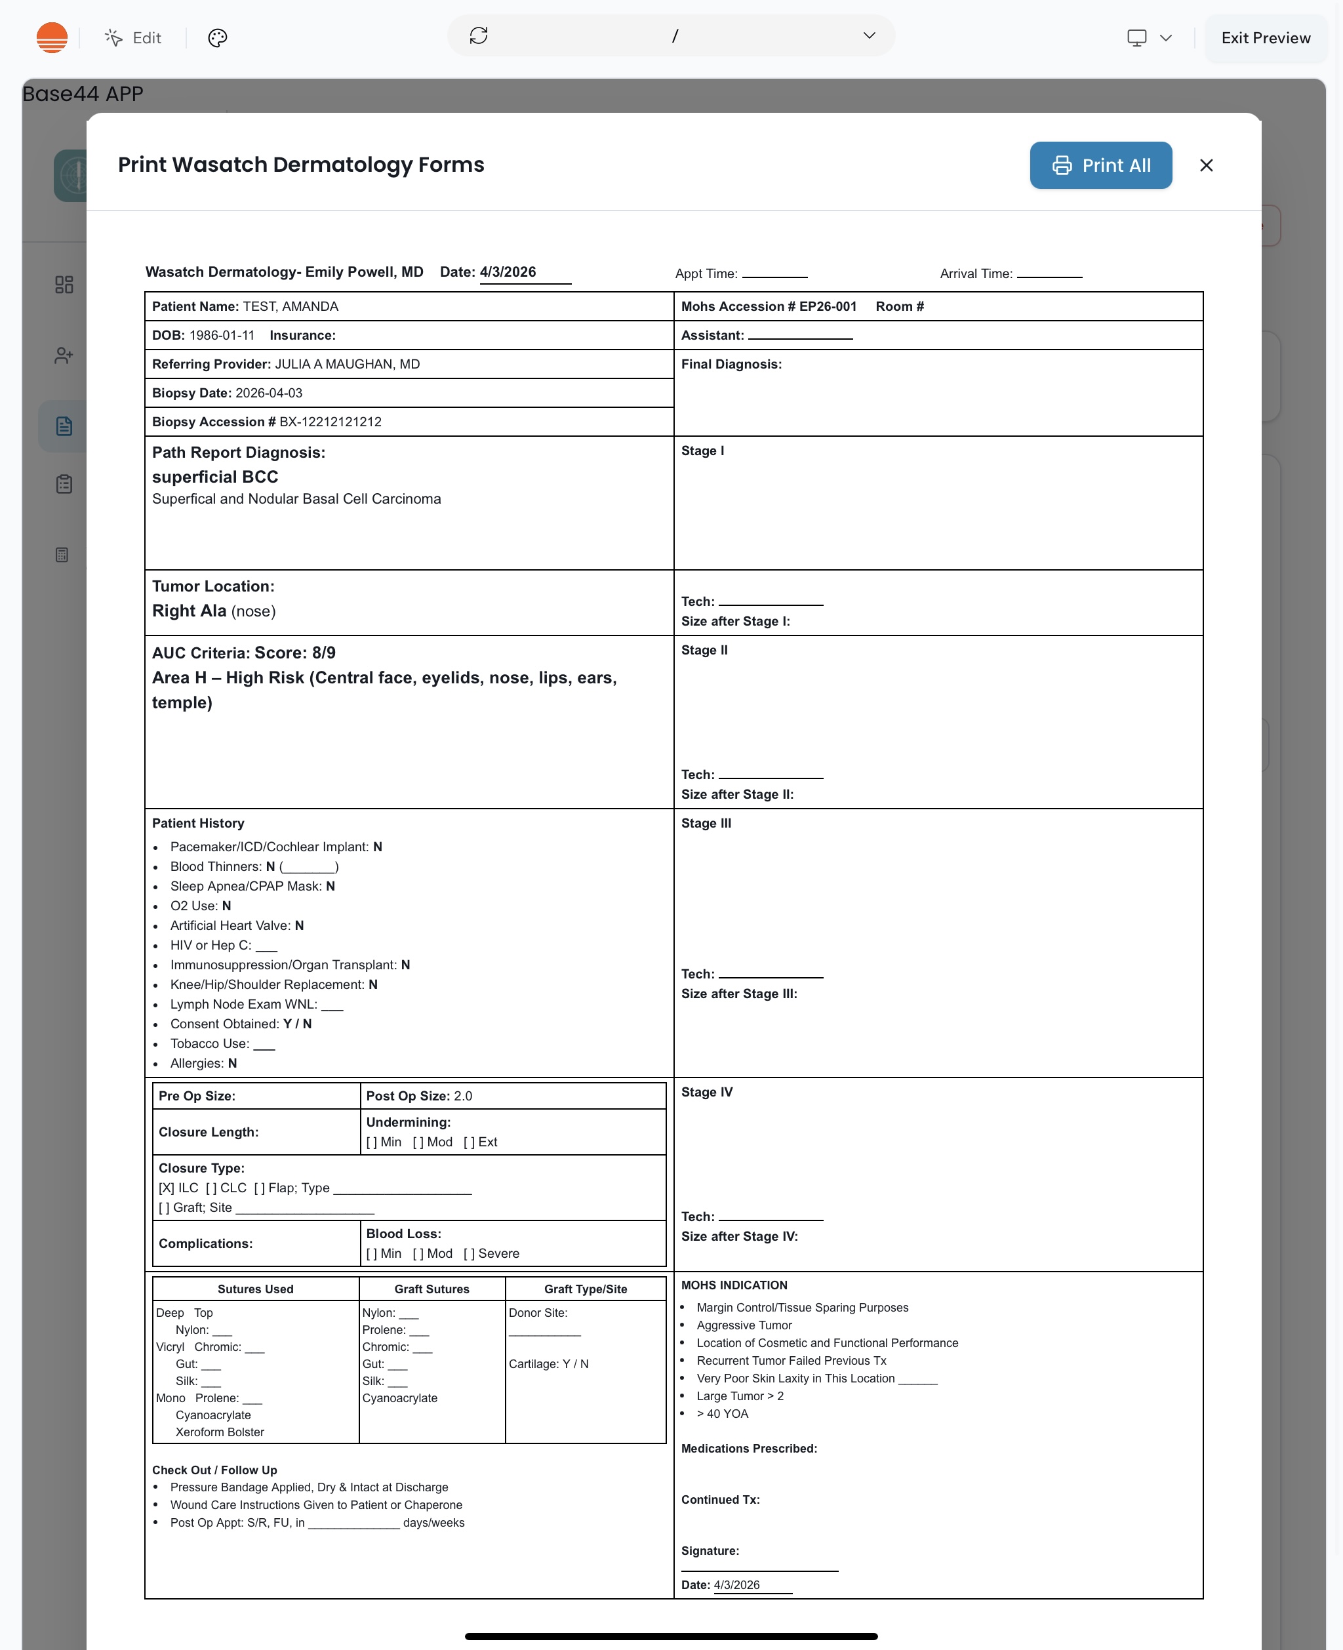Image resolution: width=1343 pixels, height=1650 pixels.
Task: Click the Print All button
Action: (x=1100, y=165)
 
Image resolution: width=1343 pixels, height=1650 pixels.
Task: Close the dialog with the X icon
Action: (x=1205, y=165)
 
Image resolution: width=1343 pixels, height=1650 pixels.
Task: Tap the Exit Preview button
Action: (x=1265, y=38)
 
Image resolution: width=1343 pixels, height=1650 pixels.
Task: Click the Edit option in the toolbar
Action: (x=134, y=38)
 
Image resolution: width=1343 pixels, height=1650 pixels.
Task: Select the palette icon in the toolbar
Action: (x=218, y=38)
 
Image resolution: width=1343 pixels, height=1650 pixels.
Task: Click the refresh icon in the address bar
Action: (x=478, y=35)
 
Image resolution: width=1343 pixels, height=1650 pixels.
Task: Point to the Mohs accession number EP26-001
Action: (x=827, y=306)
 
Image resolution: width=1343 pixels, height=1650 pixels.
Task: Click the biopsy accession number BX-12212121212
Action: (x=331, y=422)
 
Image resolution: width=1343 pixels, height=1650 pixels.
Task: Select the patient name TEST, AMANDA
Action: (x=290, y=306)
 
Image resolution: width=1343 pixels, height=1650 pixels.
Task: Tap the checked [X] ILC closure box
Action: (x=167, y=1188)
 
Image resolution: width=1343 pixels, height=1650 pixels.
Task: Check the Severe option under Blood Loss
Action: (x=469, y=1253)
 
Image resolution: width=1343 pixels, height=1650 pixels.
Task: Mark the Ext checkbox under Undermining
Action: (x=469, y=1142)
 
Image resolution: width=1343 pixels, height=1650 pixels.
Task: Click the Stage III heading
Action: (x=706, y=823)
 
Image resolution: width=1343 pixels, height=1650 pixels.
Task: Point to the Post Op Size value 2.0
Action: (x=462, y=1095)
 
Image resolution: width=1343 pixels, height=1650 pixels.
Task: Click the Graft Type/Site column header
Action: (x=585, y=1289)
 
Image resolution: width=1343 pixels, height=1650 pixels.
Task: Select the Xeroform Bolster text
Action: (x=220, y=1432)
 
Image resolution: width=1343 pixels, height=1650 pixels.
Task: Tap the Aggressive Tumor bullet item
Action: (x=744, y=1325)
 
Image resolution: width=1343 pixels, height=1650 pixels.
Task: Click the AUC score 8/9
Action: (x=323, y=653)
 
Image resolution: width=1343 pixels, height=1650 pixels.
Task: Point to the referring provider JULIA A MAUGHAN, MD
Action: (x=348, y=365)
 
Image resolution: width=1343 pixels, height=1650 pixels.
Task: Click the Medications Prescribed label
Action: (x=748, y=1448)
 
